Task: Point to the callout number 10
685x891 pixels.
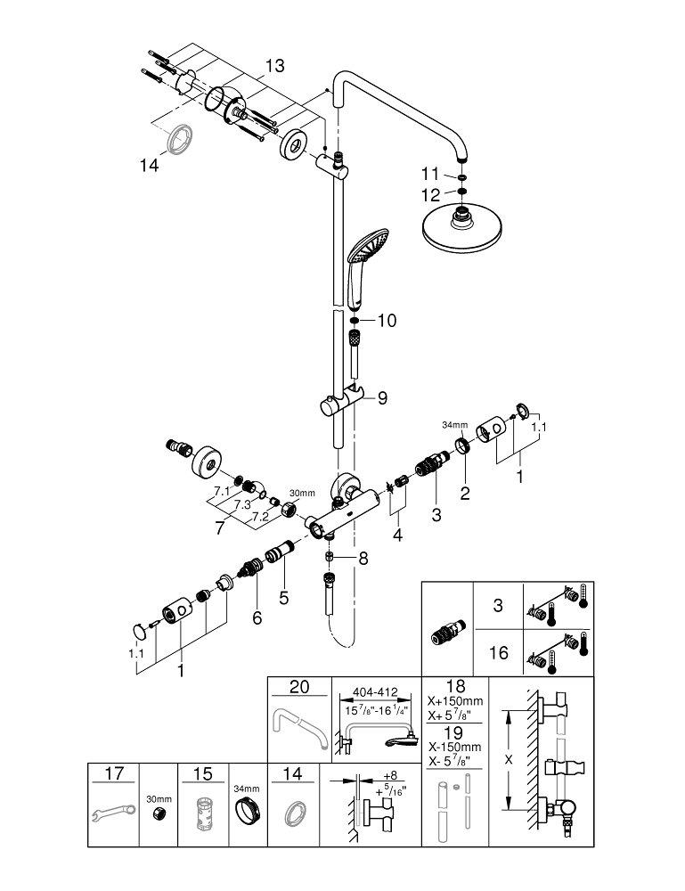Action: (386, 320)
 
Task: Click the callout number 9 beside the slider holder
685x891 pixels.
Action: (382, 398)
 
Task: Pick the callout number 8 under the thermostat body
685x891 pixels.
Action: (361, 559)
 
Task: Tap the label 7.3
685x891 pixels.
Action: (242, 503)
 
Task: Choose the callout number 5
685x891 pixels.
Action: (283, 599)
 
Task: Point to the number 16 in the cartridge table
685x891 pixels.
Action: (499, 653)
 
